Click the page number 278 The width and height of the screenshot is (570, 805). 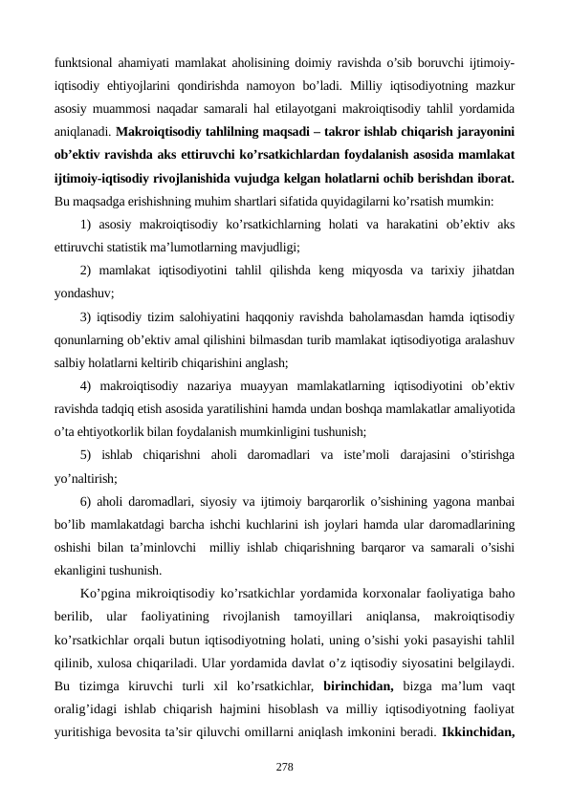(284, 767)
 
